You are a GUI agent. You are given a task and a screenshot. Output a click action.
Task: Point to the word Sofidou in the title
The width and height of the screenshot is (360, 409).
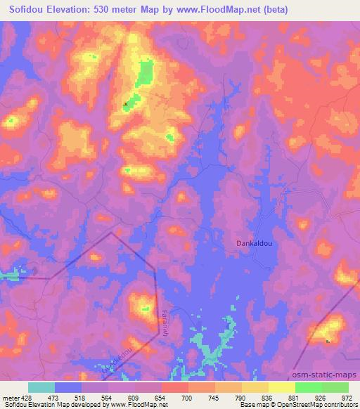tap(30, 10)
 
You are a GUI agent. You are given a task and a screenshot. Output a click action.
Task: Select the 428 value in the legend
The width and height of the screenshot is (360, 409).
tap(27, 397)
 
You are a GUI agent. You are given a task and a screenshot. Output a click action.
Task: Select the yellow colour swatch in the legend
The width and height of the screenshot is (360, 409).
tap(281, 387)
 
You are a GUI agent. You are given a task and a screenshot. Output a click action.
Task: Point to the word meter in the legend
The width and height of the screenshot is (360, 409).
tap(10, 397)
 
